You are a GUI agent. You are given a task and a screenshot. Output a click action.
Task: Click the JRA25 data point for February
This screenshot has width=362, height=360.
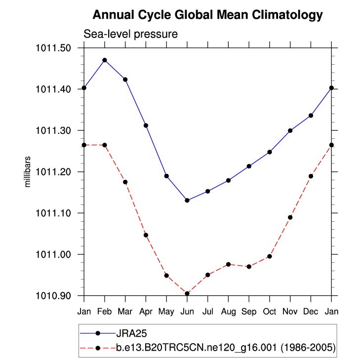(105, 60)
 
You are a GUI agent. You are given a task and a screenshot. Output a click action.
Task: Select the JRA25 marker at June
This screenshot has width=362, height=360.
(187, 200)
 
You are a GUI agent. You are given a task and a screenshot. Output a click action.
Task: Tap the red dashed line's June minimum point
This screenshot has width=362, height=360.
(187, 293)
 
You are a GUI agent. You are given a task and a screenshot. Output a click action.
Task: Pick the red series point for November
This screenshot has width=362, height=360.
(290, 217)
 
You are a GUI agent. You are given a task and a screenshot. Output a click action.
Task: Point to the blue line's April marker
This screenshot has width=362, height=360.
(146, 125)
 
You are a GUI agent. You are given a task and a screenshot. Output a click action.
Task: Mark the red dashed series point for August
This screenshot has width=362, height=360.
(228, 264)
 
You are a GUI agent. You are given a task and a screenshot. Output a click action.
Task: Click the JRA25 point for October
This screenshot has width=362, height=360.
(270, 152)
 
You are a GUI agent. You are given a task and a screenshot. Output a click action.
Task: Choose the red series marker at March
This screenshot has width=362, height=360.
(125, 182)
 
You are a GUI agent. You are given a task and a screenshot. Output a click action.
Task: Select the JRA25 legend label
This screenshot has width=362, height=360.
(131, 333)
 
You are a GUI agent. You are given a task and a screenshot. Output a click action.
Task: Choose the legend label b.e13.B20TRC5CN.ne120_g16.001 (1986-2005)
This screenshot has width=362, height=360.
(226, 348)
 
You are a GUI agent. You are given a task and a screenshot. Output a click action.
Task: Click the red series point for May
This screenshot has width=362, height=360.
(166, 276)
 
